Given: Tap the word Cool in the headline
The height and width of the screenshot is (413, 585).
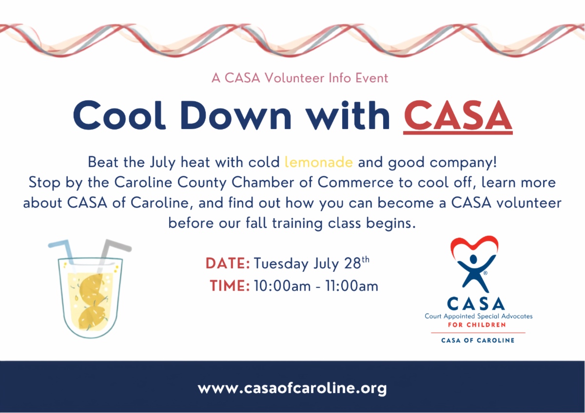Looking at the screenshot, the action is (x=119, y=115).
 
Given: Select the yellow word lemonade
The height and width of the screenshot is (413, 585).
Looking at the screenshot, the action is (x=319, y=162).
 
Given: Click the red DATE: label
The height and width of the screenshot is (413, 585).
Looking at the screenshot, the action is (x=228, y=263).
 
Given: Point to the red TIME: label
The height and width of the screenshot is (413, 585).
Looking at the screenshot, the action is (x=230, y=285).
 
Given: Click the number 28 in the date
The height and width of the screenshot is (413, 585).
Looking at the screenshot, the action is (x=352, y=263).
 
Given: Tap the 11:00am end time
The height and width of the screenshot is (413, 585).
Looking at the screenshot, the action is (x=351, y=286).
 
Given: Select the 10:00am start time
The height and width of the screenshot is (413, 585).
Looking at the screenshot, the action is (x=282, y=286).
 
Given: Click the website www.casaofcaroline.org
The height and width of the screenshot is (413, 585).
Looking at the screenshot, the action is (x=292, y=388).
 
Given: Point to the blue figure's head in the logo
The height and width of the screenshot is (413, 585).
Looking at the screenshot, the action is (x=473, y=260).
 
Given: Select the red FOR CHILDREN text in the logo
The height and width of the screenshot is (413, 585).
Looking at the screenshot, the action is (x=477, y=325).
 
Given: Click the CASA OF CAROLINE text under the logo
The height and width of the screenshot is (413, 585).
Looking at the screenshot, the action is (x=478, y=340).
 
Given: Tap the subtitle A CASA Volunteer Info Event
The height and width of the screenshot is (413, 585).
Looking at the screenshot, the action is (x=300, y=78).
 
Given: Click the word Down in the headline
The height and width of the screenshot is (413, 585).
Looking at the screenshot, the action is (x=235, y=115).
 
